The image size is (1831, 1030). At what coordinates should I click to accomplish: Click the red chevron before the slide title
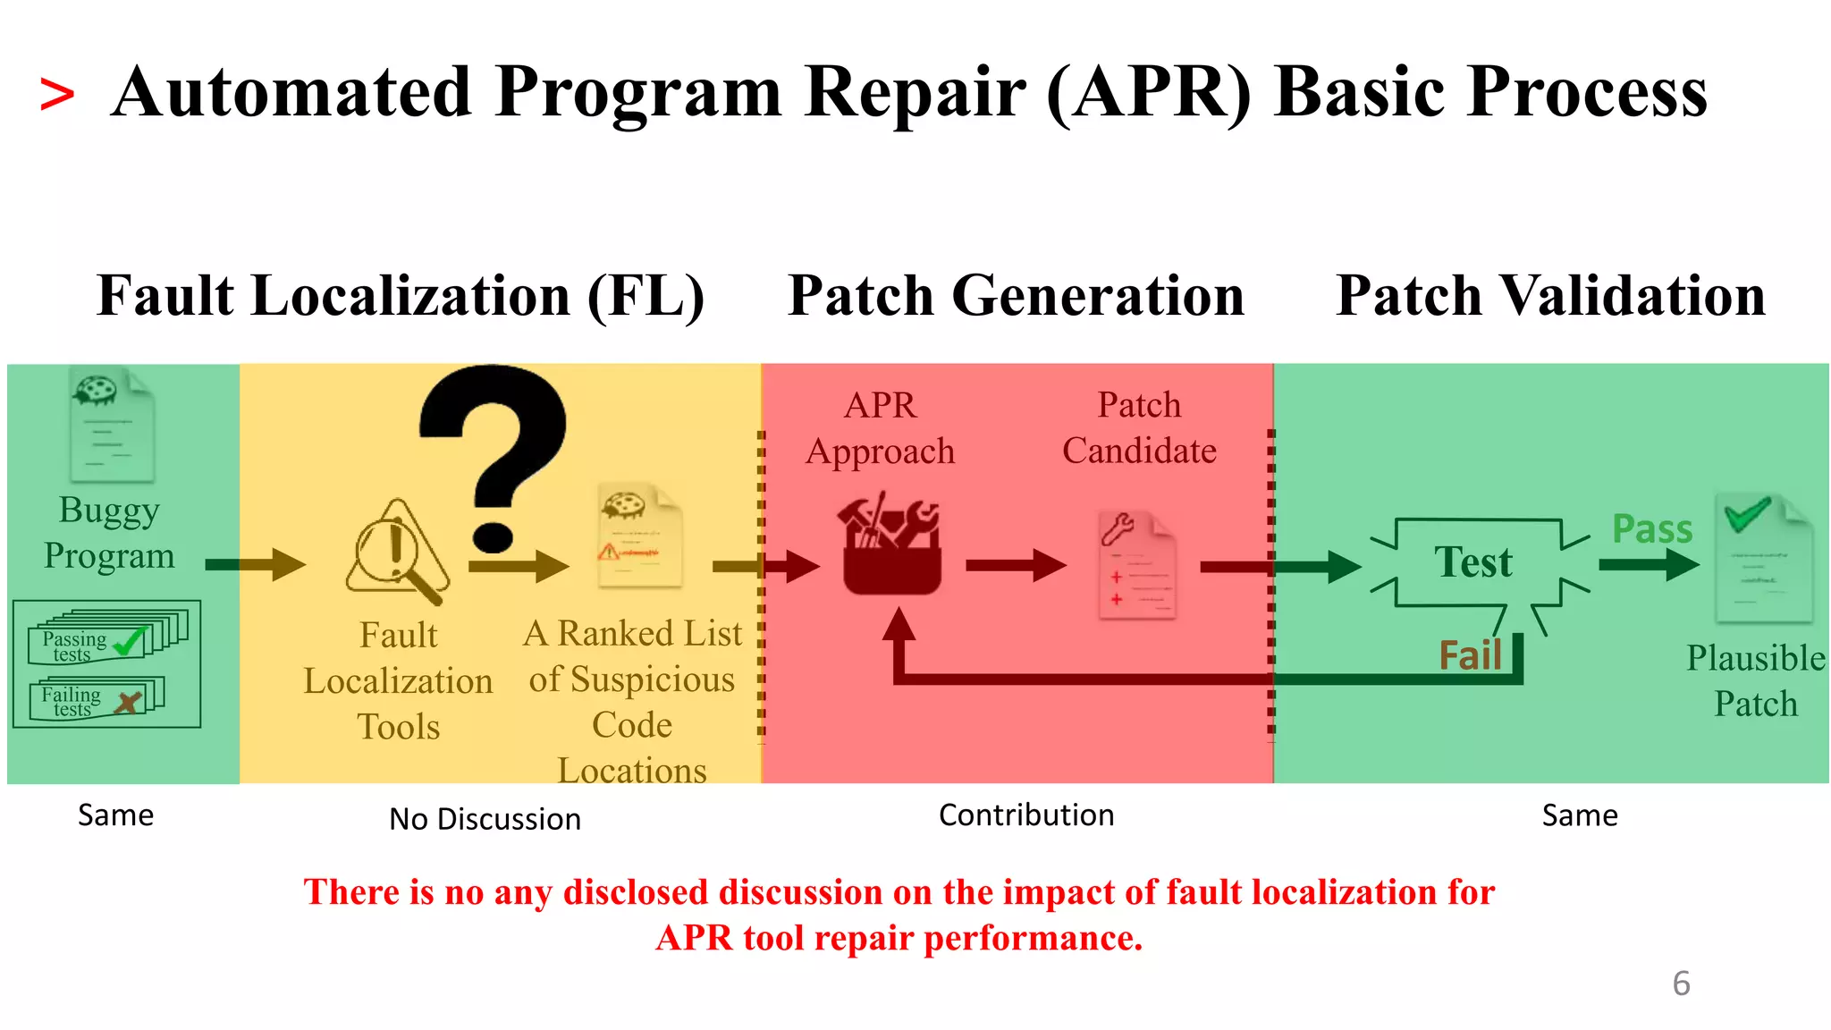[56, 95]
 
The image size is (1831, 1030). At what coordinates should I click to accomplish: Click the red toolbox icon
[890, 546]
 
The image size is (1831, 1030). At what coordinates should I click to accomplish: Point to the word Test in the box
[1472, 562]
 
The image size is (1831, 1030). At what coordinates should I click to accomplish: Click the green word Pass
[1651, 529]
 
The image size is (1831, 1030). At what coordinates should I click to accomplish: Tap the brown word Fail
[1469, 655]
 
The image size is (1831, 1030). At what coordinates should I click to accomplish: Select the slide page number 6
[1680, 984]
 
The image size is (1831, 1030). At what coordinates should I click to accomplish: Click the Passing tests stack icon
[105, 637]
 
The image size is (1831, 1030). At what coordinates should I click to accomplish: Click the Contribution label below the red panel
[1025, 815]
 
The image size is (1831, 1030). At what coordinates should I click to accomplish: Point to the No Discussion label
[485, 819]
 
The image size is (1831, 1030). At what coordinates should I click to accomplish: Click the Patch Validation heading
[1549, 296]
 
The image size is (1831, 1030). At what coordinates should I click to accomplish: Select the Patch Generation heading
[1016, 296]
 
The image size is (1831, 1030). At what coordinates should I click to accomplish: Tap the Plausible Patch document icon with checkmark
[1762, 559]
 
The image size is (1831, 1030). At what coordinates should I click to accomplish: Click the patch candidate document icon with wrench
[1135, 564]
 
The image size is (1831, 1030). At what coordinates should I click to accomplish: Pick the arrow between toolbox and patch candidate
[1016, 565]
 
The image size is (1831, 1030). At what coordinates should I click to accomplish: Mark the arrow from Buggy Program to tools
[255, 564]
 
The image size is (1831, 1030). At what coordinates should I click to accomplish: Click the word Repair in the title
[915, 93]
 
